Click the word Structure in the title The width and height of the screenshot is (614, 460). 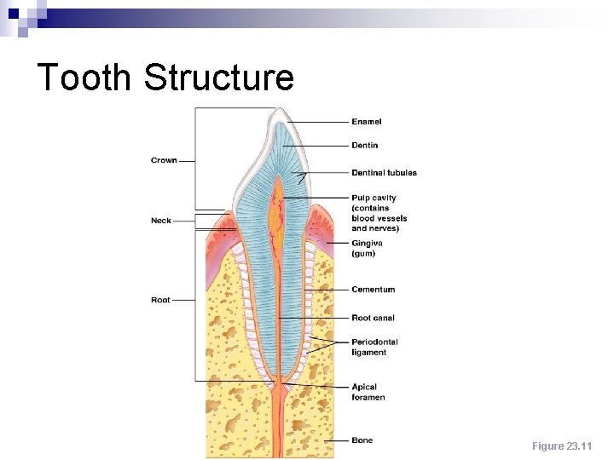click(219, 77)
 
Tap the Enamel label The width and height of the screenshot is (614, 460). click(367, 122)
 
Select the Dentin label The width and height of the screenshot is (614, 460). click(365, 146)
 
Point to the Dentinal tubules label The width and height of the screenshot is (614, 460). click(384, 173)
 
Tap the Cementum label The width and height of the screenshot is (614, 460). click(374, 290)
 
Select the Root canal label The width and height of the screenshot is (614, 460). click(374, 318)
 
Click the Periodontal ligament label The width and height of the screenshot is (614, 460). click(374, 347)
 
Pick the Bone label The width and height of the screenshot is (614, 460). click(362, 440)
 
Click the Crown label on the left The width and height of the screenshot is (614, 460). click(164, 160)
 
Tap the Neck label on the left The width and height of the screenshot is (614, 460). click(161, 221)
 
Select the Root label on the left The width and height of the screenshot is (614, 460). click(160, 300)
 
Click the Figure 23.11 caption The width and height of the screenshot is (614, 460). click(561, 446)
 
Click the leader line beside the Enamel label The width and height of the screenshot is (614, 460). click(320, 122)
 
